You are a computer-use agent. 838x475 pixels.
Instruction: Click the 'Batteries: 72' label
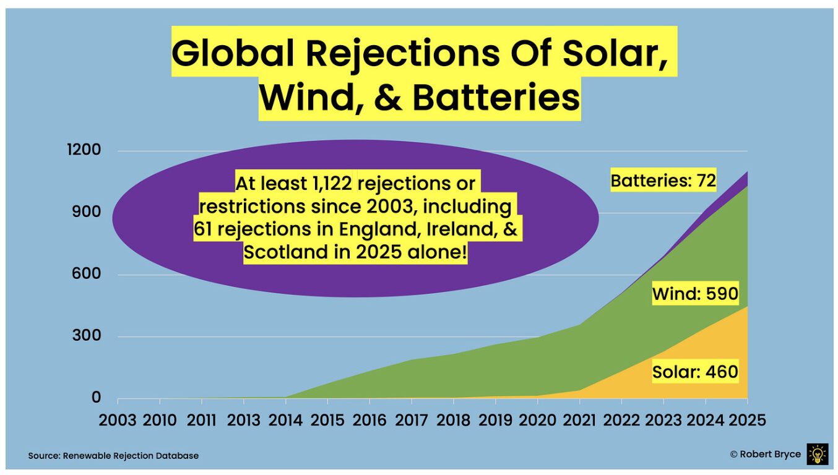[663, 181]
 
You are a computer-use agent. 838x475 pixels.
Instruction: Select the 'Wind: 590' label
[695, 294]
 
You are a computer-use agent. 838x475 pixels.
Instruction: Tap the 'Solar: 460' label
[695, 372]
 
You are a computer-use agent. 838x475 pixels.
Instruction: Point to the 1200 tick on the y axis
[84, 150]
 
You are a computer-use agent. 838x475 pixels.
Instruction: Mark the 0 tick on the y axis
[96, 398]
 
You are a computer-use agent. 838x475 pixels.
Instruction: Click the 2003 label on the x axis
[118, 421]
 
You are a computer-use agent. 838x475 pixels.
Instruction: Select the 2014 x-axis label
[285, 421]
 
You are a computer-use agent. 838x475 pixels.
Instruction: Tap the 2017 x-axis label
[412, 421]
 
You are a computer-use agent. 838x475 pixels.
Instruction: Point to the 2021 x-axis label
[579, 421]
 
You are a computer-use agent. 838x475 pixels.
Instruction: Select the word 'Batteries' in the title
[496, 98]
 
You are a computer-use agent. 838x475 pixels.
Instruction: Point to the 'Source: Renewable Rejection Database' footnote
[113, 456]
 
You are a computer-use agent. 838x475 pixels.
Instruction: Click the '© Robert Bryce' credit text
[765, 454]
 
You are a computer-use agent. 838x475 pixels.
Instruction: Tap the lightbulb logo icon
[817, 454]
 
